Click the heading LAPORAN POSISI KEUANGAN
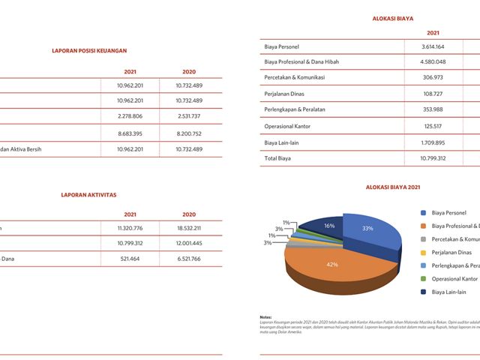[x=89, y=51]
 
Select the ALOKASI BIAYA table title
[x=393, y=17]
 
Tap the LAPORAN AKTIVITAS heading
[x=88, y=194]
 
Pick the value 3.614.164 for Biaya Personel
[x=433, y=46]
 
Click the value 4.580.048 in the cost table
[x=433, y=61]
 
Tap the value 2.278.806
[x=130, y=116]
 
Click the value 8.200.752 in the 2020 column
[x=189, y=133]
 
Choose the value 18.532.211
[x=189, y=227]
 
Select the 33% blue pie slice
[x=367, y=229]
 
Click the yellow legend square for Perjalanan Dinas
[x=424, y=252]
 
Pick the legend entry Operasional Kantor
[x=455, y=278]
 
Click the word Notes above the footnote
[x=265, y=317]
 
